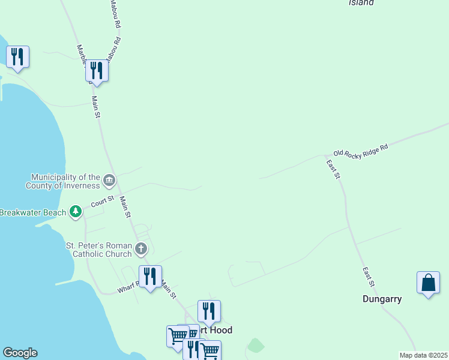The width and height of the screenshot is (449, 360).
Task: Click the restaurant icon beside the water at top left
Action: [x=17, y=57]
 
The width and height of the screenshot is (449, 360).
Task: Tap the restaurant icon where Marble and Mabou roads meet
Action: [x=96, y=71]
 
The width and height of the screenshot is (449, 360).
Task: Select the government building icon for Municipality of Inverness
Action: [x=109, y=179]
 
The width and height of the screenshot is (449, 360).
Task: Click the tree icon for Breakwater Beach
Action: [x=76, y=212]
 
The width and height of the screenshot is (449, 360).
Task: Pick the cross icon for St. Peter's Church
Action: [x=141, y=248]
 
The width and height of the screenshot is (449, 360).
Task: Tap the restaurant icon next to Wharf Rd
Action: [x=150, y=276]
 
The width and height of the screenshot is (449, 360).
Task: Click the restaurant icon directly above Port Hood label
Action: [x=209, y=311]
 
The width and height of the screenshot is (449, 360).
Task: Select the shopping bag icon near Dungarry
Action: [x=428, y=283]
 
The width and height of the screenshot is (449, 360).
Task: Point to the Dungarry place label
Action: [x=382, y=299]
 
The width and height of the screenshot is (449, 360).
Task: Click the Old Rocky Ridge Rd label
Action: [x=361, y=149]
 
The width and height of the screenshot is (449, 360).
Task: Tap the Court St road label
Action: [x=103, y=201]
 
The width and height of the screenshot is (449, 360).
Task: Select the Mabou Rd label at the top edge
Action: [x=116, y=14]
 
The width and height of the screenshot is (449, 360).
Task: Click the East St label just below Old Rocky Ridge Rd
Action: [x=333, y=169]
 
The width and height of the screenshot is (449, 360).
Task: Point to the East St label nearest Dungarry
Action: [x=368, y=277]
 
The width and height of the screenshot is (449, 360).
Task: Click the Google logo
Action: [x=20, y=353]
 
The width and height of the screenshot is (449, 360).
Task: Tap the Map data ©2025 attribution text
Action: [x=423, y=355]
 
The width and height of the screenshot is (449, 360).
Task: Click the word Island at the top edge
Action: [x=361, y=3]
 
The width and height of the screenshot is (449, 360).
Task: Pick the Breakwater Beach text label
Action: [x=34, y=212]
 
